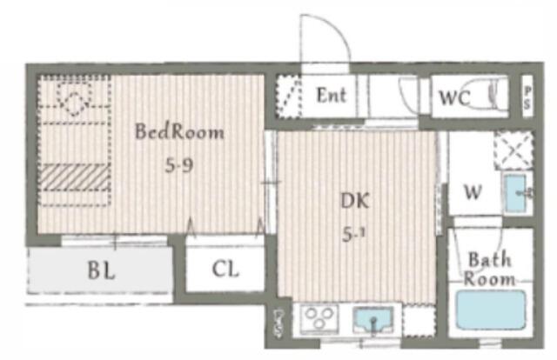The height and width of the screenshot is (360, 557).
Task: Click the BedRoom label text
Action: pyautogui.click(x=179, y=131)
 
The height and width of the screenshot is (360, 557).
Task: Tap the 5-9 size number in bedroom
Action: pyautogui.click(x=179, y=164)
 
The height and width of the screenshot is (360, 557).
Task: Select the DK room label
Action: pyautogui.click(x=355, y=201)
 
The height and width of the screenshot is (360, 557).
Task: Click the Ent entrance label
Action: pyautogui.click(x=331, y=95)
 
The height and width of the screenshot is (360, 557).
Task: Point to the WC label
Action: pyautogui.click(x=455, y=97)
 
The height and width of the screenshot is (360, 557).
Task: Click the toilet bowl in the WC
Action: pyautogui.click(x=487, y=94)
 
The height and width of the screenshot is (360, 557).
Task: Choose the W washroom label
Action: pyautogui.click(x=473, y=192)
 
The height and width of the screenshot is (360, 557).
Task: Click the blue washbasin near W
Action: pyautogui.click(x=516, y=194)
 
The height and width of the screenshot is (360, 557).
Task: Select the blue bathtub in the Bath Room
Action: pyautogui.click(x=491, y=310)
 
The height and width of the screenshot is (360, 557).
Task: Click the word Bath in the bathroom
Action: pyautogui.click(x=490, y=259)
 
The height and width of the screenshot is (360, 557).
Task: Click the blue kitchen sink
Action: pyautogui.click(x=373, y=319)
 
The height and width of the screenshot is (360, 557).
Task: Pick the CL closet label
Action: pyautogui.click(x=225, y=269)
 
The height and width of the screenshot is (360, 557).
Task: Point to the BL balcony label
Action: pyautogui.click(x=101, y=271)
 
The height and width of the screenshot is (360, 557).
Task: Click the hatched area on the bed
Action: pyautogui.click(x=73, y=177)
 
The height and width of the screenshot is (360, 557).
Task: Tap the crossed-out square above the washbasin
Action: pyautogui.click(x=513, y=150)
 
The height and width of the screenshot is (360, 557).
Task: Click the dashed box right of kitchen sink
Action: pyautogui.click(x=419, y=320)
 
